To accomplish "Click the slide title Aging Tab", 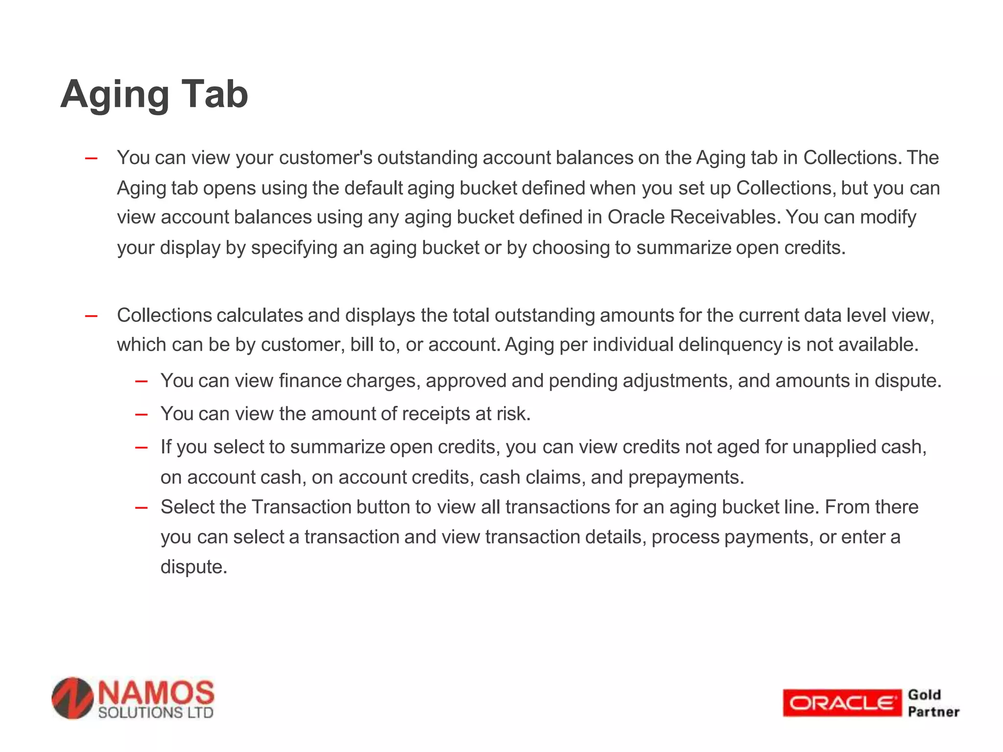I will (154, 94).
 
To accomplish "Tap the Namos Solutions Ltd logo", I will (133, 699).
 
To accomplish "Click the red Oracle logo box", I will (841, 703).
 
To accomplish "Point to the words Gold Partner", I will (933, 703).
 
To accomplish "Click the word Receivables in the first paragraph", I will (724, 217).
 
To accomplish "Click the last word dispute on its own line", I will (193, 567).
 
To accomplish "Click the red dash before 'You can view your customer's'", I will (91, 158).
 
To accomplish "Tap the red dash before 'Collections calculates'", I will (91, 316).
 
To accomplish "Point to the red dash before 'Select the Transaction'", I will (141, 507).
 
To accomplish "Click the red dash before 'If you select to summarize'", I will (141, 447).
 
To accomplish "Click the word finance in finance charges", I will (310, 380).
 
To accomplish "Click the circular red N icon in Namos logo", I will (73, 699).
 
